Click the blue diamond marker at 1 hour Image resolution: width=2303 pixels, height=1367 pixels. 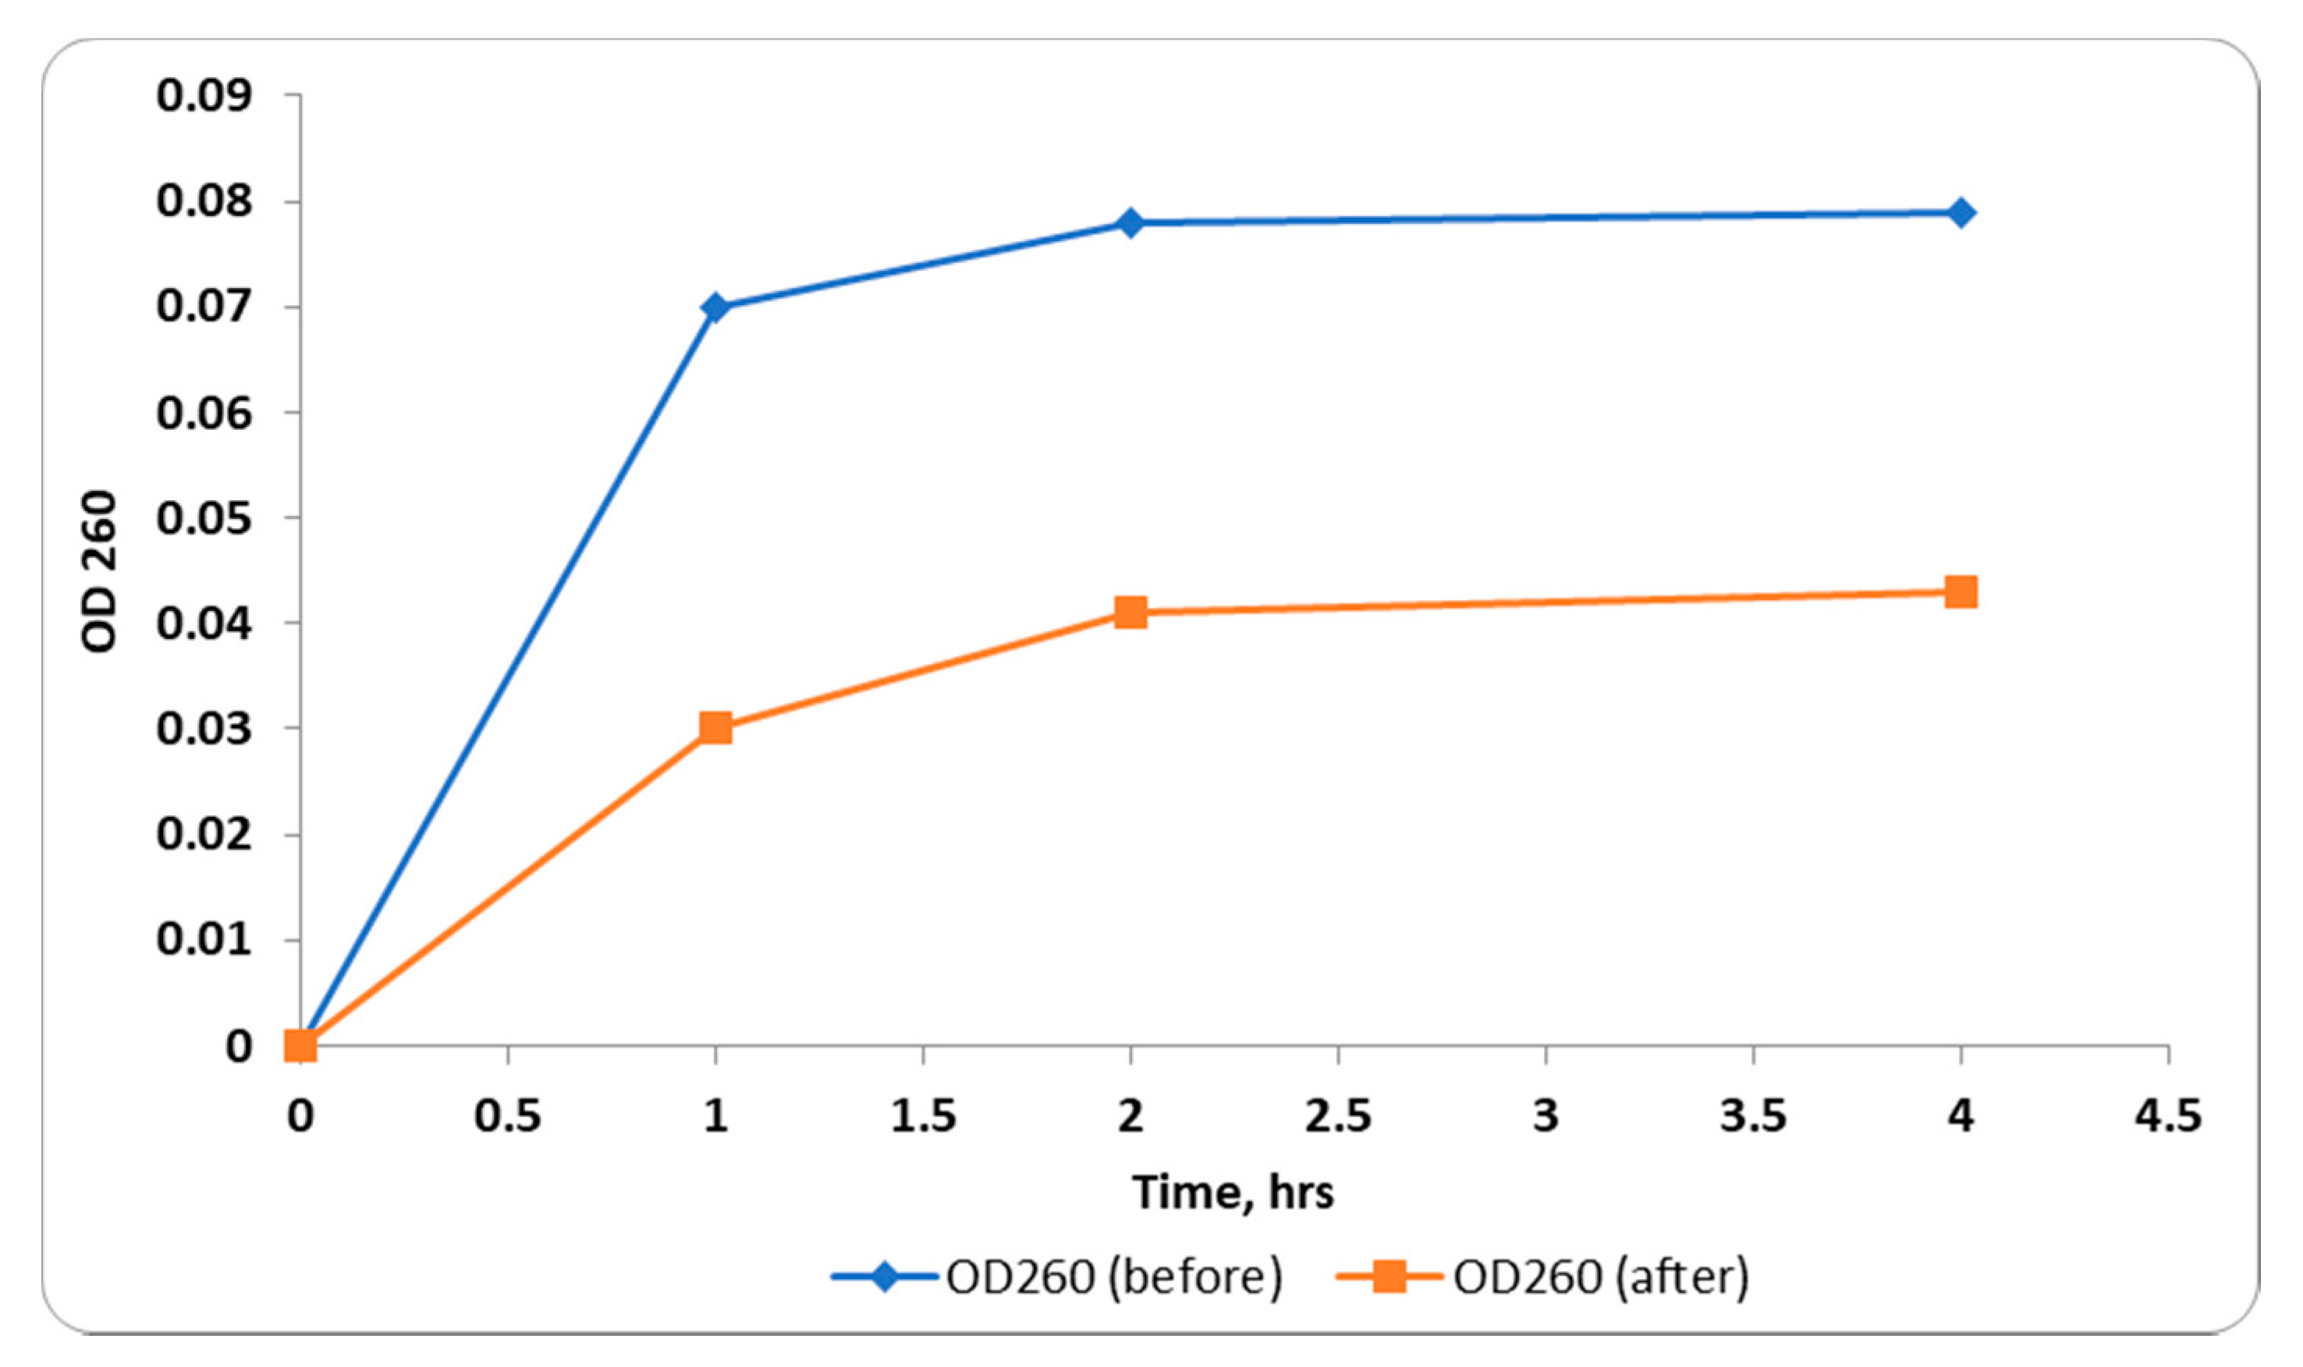(715, 307)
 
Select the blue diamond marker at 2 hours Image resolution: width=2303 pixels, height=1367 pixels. (1130, 223)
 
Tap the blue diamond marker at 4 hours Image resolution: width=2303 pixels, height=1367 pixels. (1961, 213)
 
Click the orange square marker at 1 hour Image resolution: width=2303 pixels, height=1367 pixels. (715, 728)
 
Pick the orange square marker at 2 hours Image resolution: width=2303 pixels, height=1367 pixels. (1130, 612)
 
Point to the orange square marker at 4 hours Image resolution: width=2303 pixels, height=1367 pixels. (1961, 591)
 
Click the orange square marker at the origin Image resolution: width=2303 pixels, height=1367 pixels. (301, 1046)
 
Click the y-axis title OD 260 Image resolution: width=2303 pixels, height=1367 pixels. (99, 571)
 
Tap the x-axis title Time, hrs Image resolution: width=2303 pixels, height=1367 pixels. (1233, 1192)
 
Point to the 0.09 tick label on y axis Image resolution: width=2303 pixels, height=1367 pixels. (204, 96)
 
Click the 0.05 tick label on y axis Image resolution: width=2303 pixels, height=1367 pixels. (204, 519)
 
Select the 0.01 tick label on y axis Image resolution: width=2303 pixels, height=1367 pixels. (204, 940)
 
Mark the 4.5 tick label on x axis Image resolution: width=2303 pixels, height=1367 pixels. (2167, 1117)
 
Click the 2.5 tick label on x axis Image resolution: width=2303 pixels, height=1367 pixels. (1337, 1117)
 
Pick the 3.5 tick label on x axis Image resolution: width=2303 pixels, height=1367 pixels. (1752, 1117)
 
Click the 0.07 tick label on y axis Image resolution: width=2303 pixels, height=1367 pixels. (204, 307)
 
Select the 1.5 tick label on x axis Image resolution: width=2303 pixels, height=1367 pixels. (923, 1117)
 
